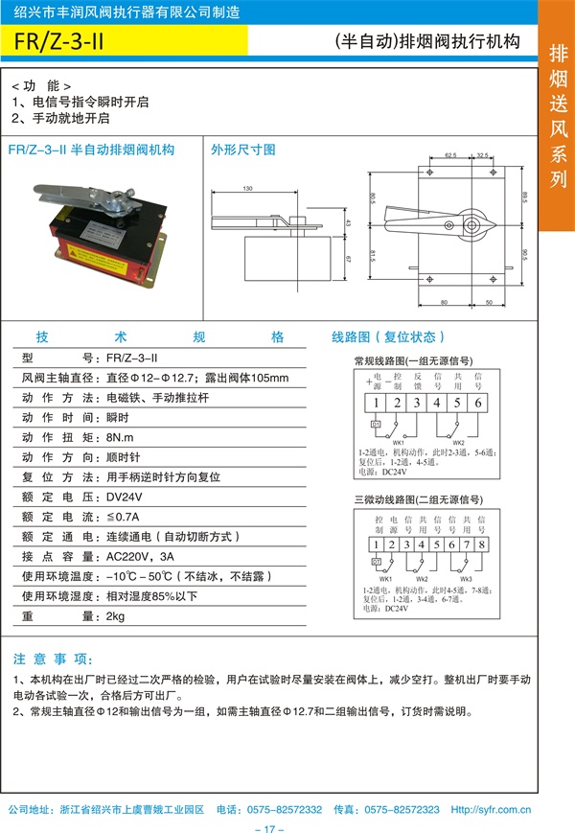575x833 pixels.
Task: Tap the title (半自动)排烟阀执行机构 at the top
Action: tap(427, 42)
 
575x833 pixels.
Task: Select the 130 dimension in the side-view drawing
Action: tap(247, 188)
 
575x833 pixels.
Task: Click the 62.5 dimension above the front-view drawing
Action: tap(450, 153)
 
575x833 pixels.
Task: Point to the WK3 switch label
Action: tap(466, 580)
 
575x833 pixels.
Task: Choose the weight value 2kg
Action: tap(116, 616)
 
